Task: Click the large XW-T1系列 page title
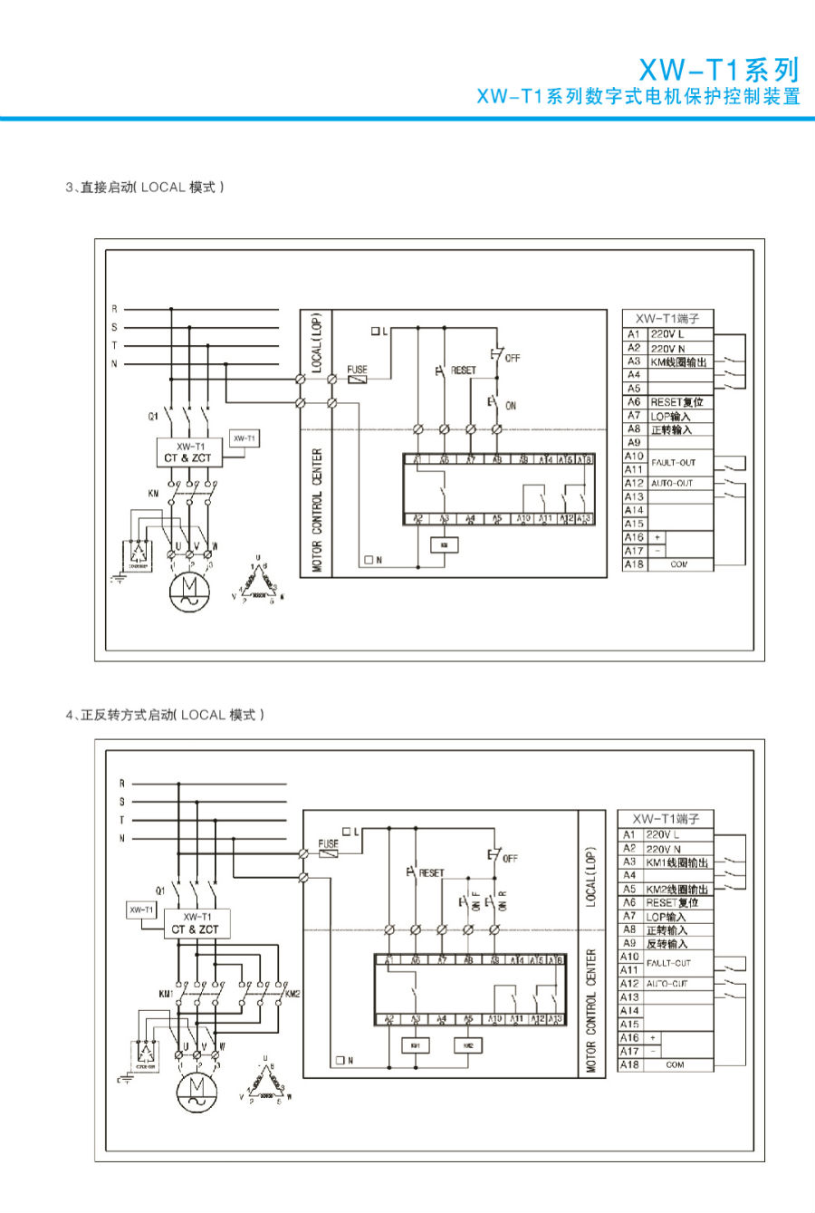click(x=719, y=70)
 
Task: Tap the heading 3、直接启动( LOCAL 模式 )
click(x=145, y=188)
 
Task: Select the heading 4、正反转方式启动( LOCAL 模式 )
click(x=165, y=715)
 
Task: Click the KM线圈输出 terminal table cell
click(x=678, y=361)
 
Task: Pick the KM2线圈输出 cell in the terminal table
click(x=676, y=890)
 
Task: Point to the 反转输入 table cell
click(x=666, y=943)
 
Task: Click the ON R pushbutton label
click(x=502, y=900)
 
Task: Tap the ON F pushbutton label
click(x=476, y=900)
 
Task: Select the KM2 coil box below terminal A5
click(x=468, y=1045)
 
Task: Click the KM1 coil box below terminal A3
click(x=416, y=1045)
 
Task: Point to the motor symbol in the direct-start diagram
click(x=190, y=590)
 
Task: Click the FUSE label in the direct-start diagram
click(x=358, y=369)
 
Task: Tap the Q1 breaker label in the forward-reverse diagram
click(x=160, y=890)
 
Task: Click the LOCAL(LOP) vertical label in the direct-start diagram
click(x=317, y=344)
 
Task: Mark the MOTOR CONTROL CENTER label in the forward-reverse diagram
click(x=591, y=1010)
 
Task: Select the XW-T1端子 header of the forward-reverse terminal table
click(x=666, y=818)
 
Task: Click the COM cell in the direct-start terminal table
click(x=679, y=564)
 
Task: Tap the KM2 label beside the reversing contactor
click(x=292, y=994)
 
